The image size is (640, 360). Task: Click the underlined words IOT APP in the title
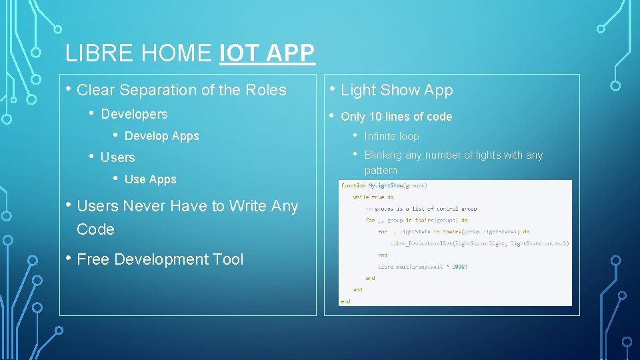[267, 53]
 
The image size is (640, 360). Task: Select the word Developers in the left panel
[134, 114]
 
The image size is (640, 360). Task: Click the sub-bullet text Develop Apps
[161, 136]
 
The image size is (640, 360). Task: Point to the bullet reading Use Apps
[150, 179]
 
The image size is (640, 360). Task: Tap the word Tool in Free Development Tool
[228, 259]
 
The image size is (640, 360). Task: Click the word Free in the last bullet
[93, 259]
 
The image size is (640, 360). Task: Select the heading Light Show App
[397, 90]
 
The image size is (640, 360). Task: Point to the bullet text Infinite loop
[391, 136]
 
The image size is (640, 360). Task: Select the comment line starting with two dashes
[421, 209]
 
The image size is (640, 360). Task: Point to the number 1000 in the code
[459, 267]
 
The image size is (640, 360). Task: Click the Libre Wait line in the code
[422, 267]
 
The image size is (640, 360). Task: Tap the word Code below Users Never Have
[95, 229]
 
